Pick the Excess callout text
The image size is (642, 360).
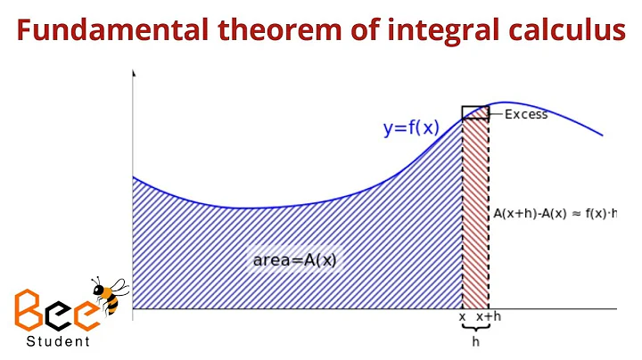[x=526, y=114]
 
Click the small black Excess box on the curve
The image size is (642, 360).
[x=475, y=112]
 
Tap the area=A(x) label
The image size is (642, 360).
[x=295, y=260]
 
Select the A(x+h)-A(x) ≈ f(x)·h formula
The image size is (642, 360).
[x=556, y=214]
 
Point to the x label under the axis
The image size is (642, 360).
[x=462, y=316]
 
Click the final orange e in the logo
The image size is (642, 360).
[x=90, y=313]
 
